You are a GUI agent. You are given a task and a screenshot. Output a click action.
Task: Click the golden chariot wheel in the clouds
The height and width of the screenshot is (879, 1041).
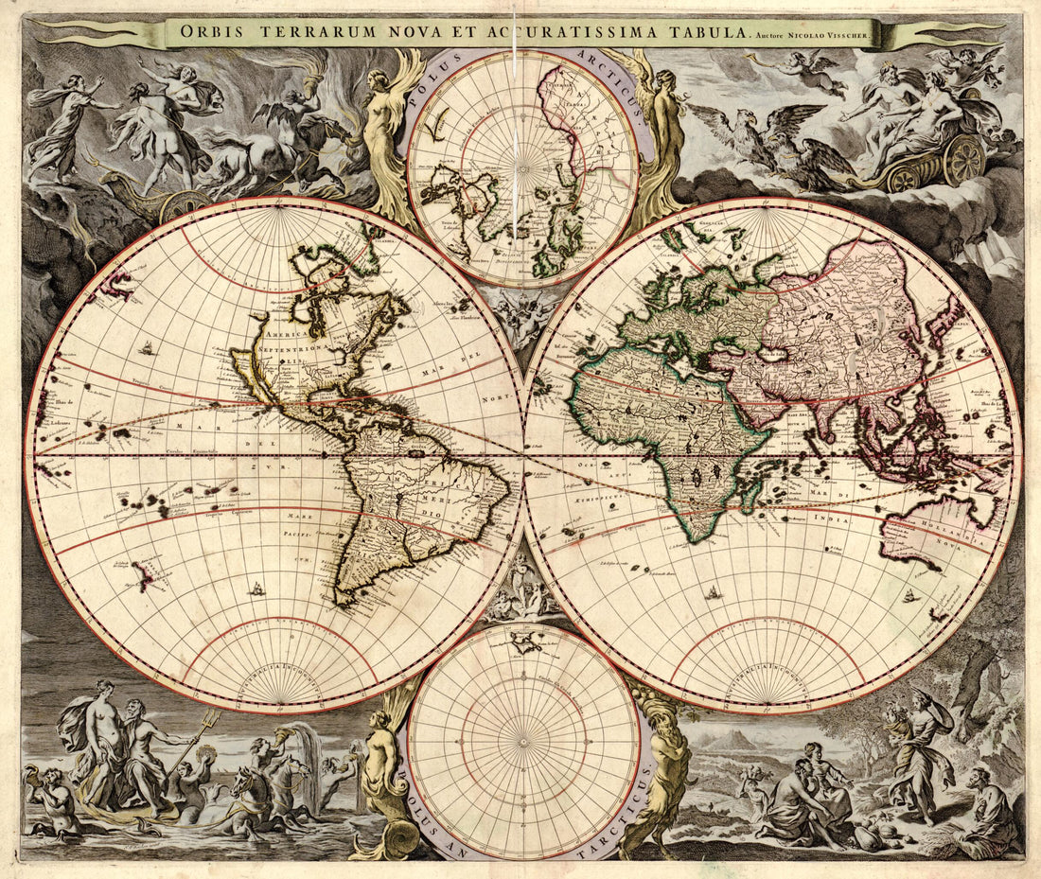tap(963, 158)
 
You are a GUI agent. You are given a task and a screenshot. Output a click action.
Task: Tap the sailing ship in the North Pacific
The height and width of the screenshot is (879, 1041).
tap(147, 349)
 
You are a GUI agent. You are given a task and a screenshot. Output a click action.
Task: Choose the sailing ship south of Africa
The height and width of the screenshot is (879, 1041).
tap(713, 593)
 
